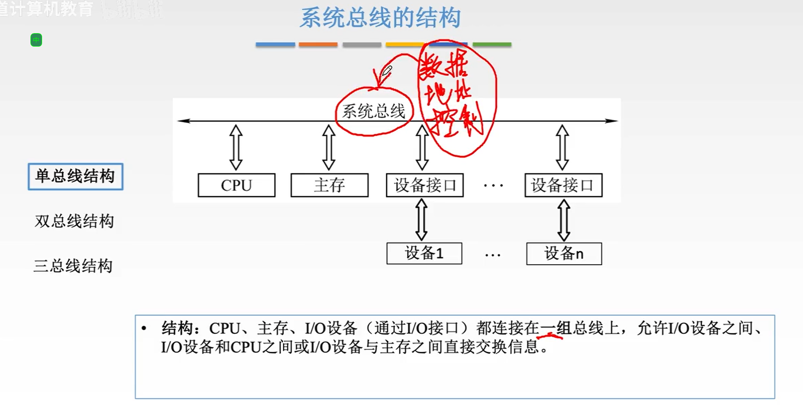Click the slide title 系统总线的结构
pyautogui.click(x=380, y=18)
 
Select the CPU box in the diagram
pyautogui.click(x=236, y=185)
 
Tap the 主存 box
pyautogui.click(x=329, y=185)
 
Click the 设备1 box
pyautogui.click(x=424, y=254)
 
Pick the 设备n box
pyautogui.click(x=564, y=254)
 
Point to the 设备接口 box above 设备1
pyautogui.click(x=425, y=185)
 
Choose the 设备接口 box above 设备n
pyautogui.click(x=563, y=185)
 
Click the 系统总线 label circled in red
pyautogui.click(x=373, y=111)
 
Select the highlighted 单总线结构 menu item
pyautogui.click(x=75, y=176)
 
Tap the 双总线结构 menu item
pyautogui.click(x=74, y=221)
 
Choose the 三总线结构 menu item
pyautogui.click(x=73, y=266)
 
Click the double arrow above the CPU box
pyautogui.click(x=236, y=147)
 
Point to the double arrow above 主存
pyautogui.click(x=329, y=147)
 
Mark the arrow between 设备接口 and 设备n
pyautogui.click(x=564, y=220)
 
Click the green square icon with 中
pyautogui.click(x=36, y=40)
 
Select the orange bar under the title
pyautogui.click(x=318, y=44)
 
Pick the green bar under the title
pyautogui.click(x=492, y=44)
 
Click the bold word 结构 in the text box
pyautogui.click(x=177, y=328)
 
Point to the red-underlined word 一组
pyautogui.click(x=555, y=328)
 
